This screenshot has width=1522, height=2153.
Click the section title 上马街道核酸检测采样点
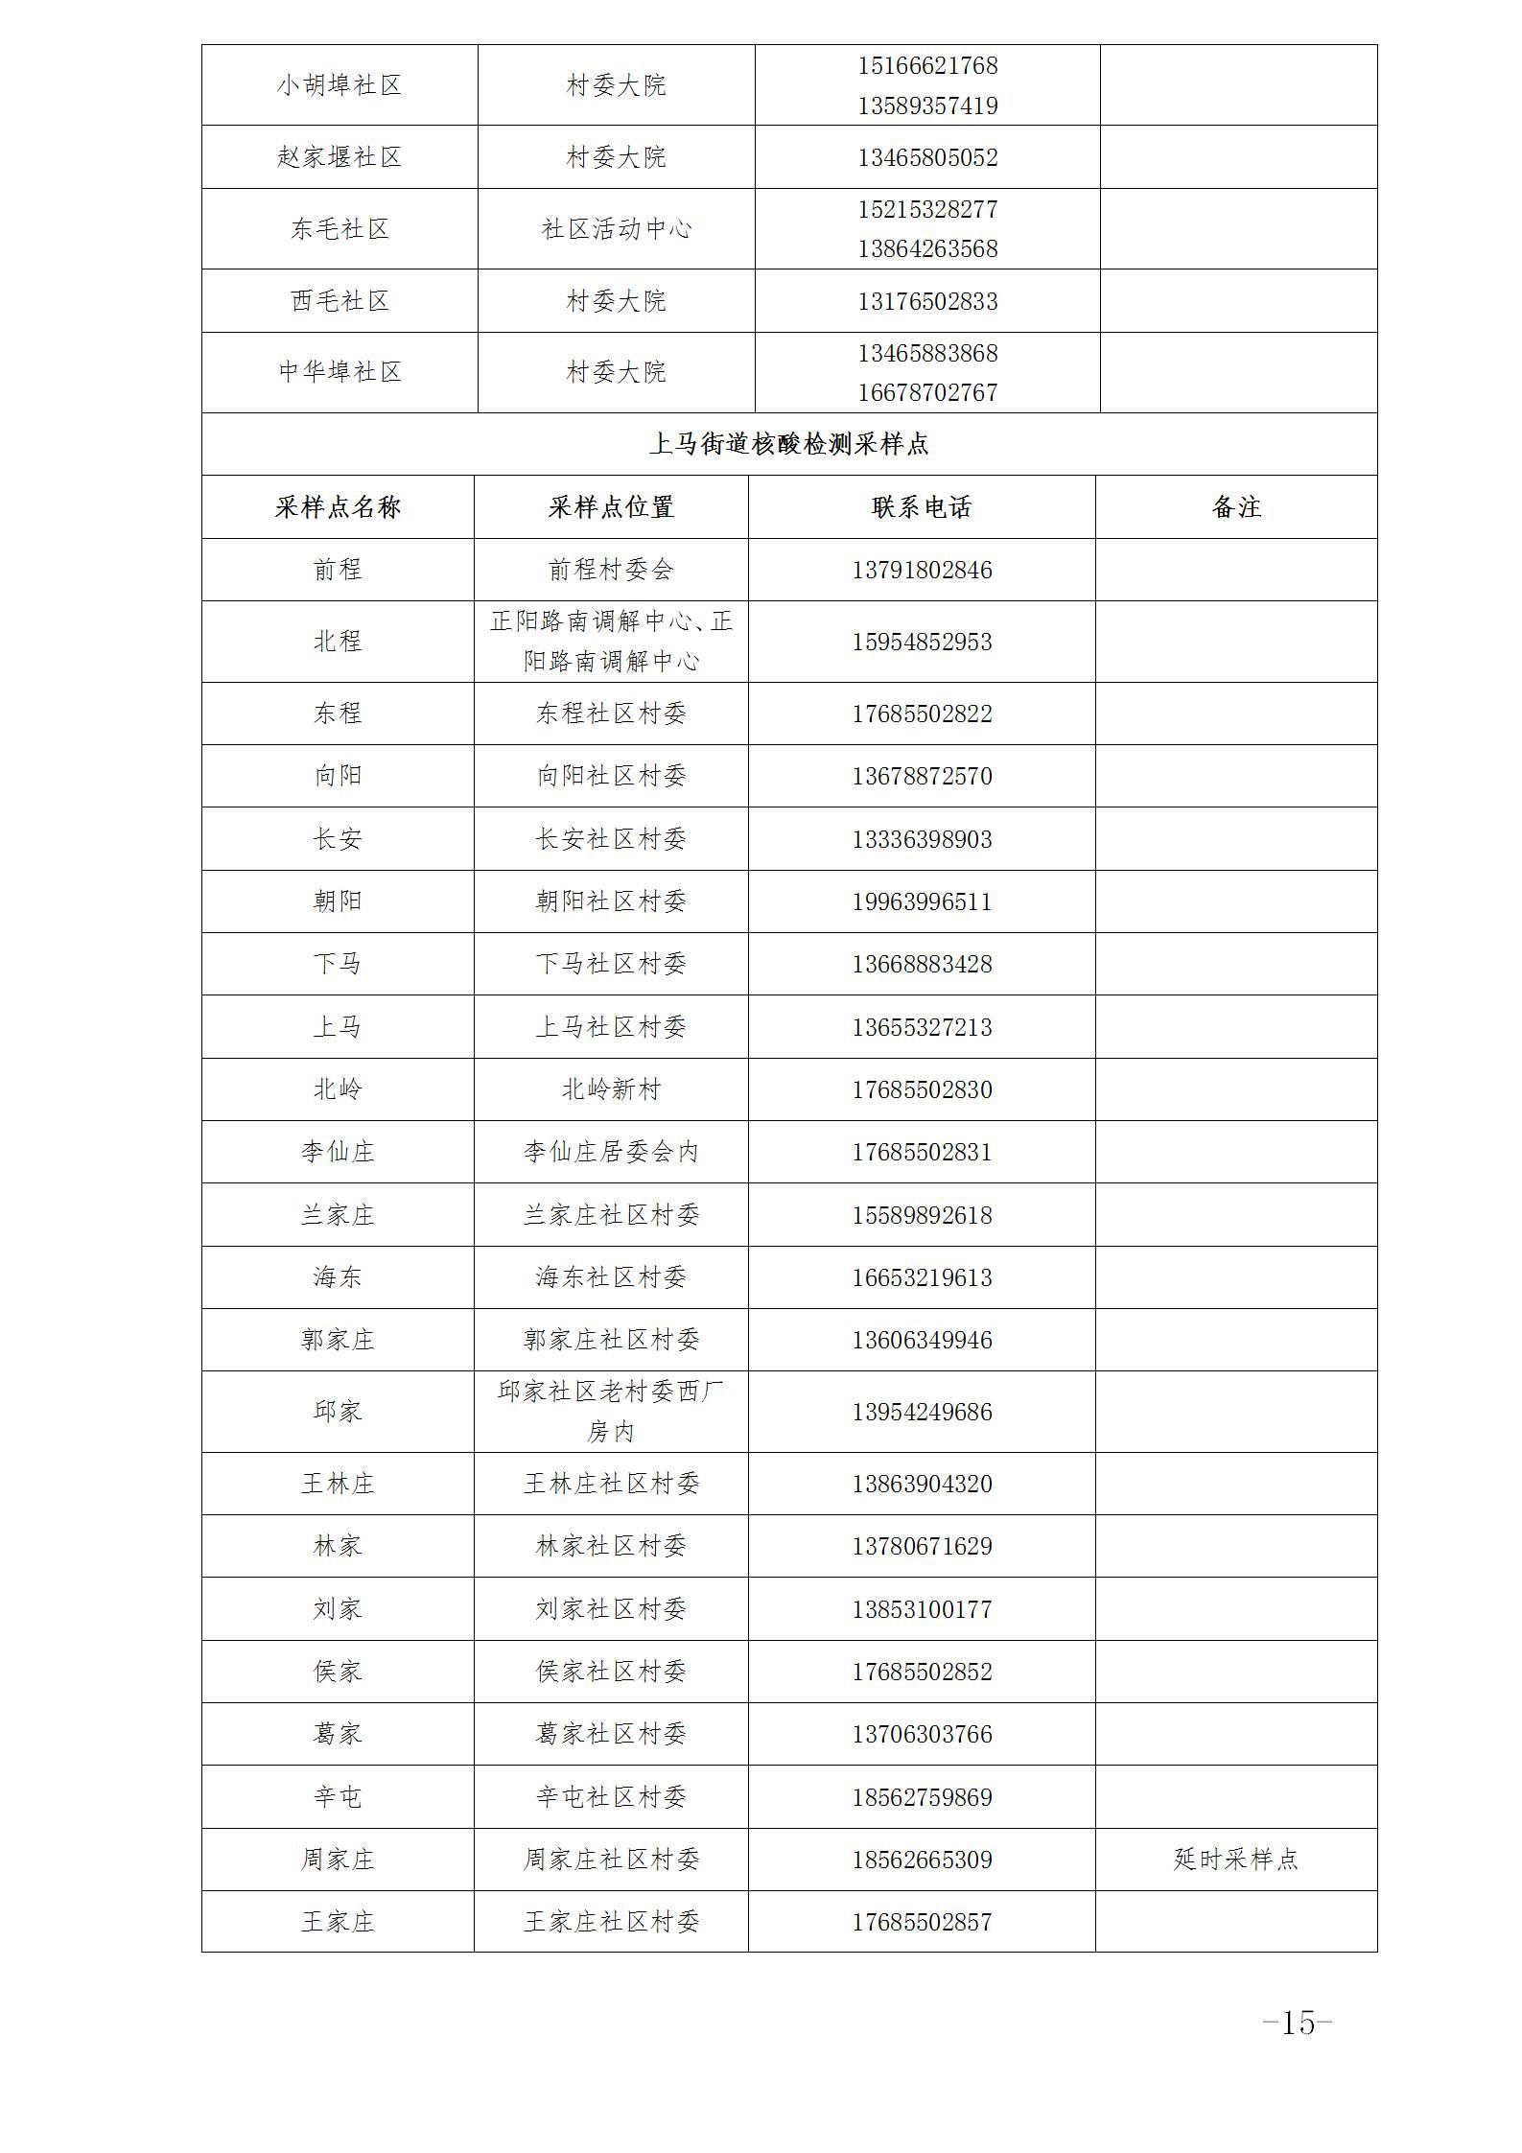pyautogui.click(x=788, y=444)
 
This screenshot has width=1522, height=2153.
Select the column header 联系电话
pyautogui.click(x=921, y=507)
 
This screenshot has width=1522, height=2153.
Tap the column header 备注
pyautogui.click(x=1235, y=507)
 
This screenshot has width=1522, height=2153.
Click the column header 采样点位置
pyautogui.click(x=611, y=507)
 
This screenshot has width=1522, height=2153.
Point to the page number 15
pyautogui.click(x=1297, y=2024)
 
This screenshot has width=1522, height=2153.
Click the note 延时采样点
pyautogui.click(x=1235, y=1859)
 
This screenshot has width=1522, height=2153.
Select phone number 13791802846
pyautogui.click(x=921, y=570)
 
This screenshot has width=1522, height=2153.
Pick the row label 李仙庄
pyautogui.click(x=338, y=1151)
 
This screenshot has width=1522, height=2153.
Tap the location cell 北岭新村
pyautogui.click(x=611, y=1089)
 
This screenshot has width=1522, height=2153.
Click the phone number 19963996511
pyautogui.click(x=921, y=901)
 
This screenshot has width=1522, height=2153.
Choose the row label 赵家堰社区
pyautogui.click(x=340, y=156)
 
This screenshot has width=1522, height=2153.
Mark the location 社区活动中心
pyautogui.click(x=616, y=228)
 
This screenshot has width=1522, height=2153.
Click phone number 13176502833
pyautogui.click(x=927, y=301)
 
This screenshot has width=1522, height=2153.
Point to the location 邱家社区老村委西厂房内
pyautogui.click(x=611, y=1411)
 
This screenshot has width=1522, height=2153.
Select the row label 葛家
pyautogui.click(x=338, y=1733)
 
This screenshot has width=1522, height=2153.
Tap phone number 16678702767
pyautogui.click(x=927, y=392)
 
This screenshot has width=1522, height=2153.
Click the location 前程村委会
pyautogui.click(x=611, y=570)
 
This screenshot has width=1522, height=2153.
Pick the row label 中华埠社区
pyautogui.click(x=340, y=372)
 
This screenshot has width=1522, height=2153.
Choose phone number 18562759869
pyautogui.click(x=921, y=1796)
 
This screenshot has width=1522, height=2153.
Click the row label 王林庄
pyautogui.click(x=338, y=1484)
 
